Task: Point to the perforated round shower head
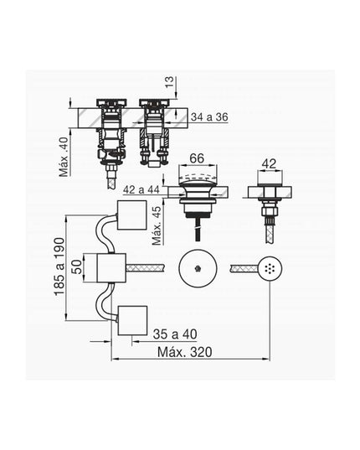pos(268,268)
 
